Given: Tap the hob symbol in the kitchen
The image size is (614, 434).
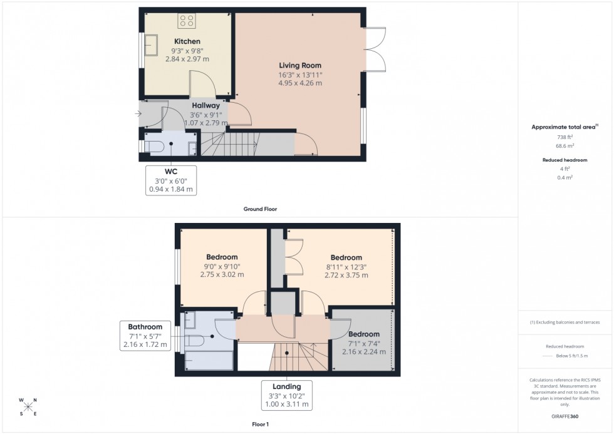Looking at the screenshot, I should [187, 21].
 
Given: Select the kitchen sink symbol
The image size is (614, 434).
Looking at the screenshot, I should [152, 45].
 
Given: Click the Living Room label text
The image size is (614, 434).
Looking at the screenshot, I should [300, 65].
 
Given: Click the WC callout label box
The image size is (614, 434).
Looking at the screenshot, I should [171, 180].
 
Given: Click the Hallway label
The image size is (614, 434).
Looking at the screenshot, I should [206, 106].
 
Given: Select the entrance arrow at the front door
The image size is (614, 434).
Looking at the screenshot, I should [138, 114].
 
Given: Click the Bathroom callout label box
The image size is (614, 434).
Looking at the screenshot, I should [145, 336].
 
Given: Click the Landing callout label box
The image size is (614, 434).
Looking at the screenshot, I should [287, 395].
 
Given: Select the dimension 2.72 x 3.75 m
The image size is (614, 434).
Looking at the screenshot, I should [346, 275].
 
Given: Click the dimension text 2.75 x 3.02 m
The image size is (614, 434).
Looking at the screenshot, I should [222, 274].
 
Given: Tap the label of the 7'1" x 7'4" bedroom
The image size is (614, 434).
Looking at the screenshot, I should [364, 334].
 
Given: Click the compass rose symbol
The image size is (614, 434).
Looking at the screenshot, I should [28, 406].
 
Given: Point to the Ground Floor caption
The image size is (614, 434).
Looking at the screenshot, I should [260, 209].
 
